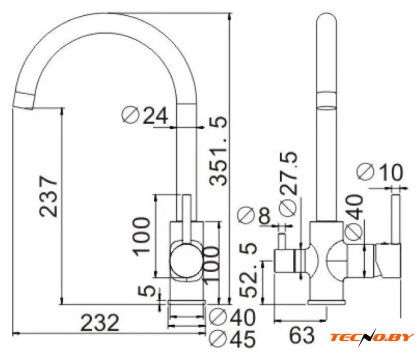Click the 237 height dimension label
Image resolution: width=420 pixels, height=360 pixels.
48,196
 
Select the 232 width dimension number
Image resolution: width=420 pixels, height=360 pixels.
100,323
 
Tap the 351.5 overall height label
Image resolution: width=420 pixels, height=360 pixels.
218,151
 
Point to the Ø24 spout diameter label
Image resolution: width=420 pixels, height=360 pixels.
145,115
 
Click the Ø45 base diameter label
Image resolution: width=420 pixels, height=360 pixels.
232,339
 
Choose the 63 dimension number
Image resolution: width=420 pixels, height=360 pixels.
302,335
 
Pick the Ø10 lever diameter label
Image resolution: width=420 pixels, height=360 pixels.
380,172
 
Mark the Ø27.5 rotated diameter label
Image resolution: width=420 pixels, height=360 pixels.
288,183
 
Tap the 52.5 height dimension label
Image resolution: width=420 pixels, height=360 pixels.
248,271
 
